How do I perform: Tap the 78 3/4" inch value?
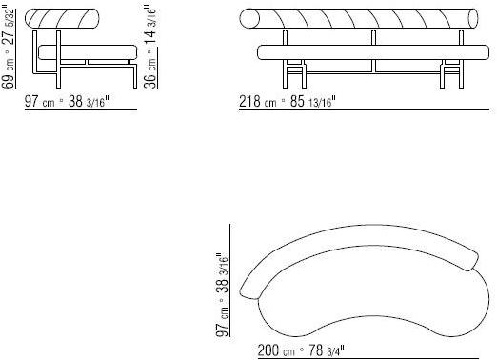coord(322,350)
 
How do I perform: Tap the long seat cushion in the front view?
coord(367,52)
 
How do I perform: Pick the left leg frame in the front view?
coord(295,70)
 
